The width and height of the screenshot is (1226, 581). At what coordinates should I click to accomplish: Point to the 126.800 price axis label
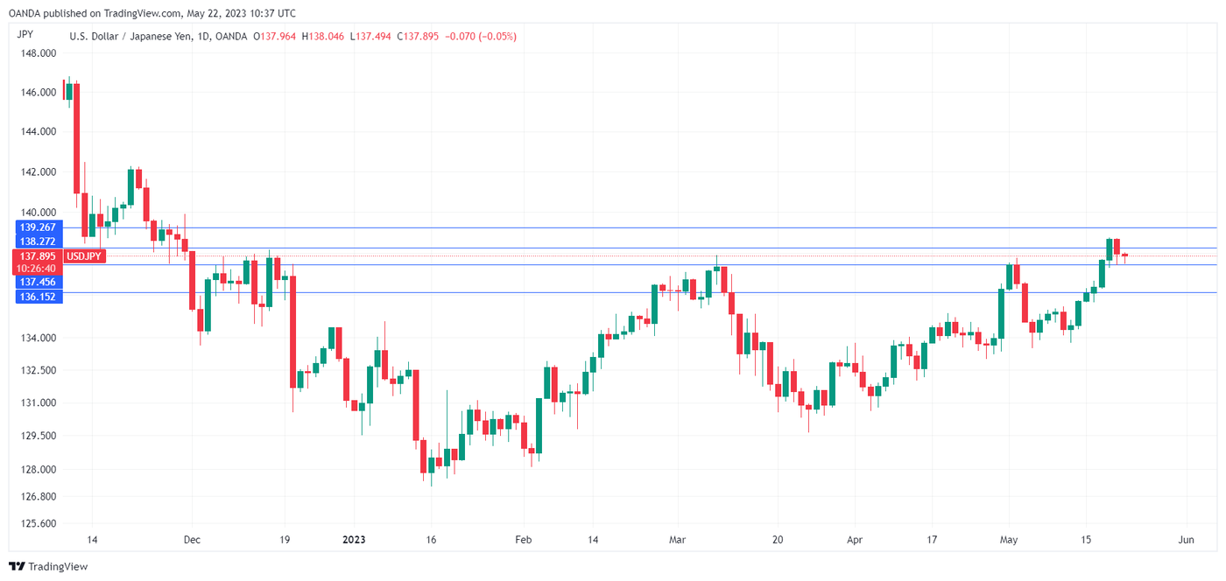click(38, 497)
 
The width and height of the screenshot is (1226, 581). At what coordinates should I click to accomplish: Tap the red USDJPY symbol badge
click(86, 256)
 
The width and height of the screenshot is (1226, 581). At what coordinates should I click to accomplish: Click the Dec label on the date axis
click(193, 540)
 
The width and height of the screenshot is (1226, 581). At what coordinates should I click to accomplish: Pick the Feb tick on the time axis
click(523, 540)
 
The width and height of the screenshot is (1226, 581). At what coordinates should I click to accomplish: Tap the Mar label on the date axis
click(676, 540)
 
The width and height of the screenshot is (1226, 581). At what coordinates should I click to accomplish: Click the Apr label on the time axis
click(855, 540)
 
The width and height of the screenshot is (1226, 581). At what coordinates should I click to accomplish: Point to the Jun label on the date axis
click(1186, 540)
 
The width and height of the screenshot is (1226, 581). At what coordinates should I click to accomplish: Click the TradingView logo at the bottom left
click(49, 566)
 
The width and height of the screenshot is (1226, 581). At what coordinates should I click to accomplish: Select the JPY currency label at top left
click(25, 36)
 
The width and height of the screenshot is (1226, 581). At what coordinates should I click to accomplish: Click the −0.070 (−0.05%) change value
click(481, 37)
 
